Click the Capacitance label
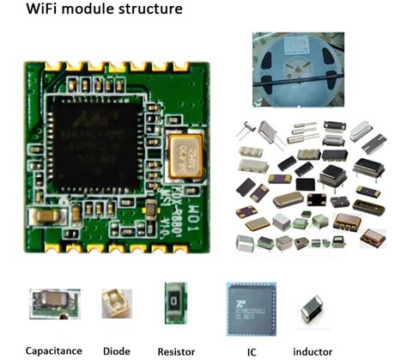(x=53, y=350)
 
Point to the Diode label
(x=116, y=350)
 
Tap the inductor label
(x=313, y=351)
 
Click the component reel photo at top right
(x=297, y=69)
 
